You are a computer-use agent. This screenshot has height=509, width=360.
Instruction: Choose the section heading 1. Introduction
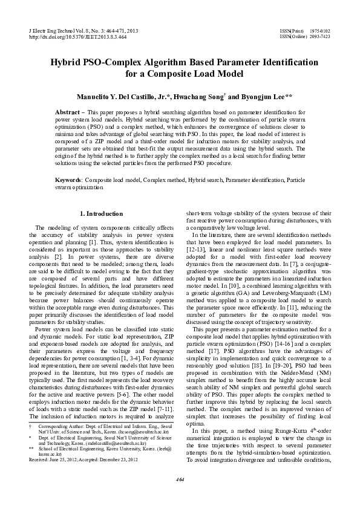[x=101, y=213]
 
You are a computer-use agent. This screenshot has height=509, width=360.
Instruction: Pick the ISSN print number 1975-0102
[x=320, y=30]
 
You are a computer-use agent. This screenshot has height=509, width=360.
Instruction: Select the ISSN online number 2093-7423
[x=320, y=36]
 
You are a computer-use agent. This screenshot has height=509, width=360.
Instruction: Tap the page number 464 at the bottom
[x=180, y=497]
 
